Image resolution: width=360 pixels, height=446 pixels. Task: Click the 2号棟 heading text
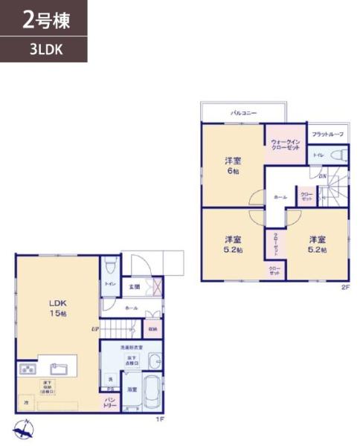pos(46,21)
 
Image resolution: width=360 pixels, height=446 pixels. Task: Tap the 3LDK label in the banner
pos(46,51)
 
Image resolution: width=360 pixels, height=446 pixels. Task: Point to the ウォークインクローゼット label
pos(285,144)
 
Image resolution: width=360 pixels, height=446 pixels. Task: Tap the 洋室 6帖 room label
pos(233,166)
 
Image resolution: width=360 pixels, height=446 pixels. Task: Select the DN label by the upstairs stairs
pos(323,176)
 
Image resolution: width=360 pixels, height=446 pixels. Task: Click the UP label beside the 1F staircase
pos(95,329)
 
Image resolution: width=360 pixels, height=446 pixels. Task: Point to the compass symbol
pos(22,428)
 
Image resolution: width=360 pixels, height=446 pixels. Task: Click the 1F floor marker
pos(159,419)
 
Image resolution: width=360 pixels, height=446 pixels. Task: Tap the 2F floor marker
pos(344,286)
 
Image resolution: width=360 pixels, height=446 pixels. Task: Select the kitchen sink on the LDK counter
pos(60,367)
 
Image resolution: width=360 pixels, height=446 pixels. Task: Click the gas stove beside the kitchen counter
pos(28,368)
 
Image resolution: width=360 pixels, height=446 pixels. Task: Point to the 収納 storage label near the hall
pos(152,329)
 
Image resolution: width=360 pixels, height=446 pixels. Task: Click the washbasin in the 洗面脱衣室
pos(152,361)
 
